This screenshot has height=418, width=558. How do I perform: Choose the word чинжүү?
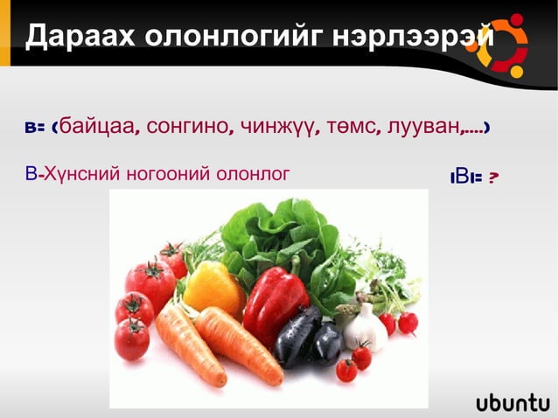click(x=279, y=128)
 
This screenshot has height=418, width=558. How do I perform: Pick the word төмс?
click(x=353, y=128)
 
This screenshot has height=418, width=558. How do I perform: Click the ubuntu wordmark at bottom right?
click(x=513, y=402)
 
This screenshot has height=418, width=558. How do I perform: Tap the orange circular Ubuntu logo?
click(x=501, y=44)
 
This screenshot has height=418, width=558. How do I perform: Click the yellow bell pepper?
click(x=213, y=288)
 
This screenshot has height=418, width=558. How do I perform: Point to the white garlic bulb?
click(x=366, y=328)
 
